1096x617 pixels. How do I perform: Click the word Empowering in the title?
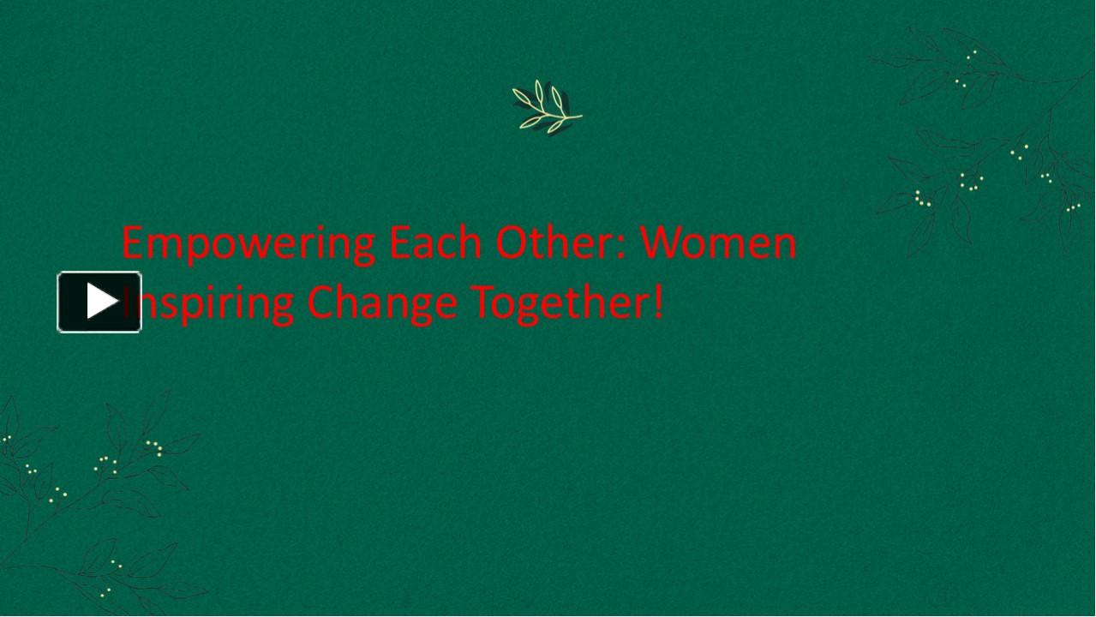pos(249,244)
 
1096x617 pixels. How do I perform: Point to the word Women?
pos(719,243)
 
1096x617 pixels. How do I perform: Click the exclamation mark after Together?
pos(658,302)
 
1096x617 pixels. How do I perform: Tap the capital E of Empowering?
pos(132,243)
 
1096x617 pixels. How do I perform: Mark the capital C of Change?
pos(322,302)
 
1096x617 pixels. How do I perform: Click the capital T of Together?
pos(482,302)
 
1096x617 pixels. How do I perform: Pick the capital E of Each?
pos(399,243)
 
